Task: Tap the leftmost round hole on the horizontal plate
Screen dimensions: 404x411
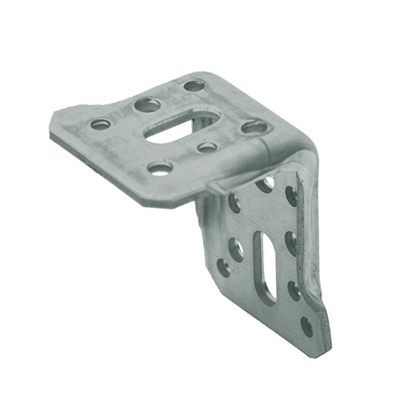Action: coord(100,124)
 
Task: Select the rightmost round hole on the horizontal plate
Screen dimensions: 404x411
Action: coord(255,127)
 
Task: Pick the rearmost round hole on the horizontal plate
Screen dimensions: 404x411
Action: coord(194,85)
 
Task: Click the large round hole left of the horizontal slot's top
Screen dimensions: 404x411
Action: coord(147,105)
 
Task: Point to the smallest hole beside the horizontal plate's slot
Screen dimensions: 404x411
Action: coord(207,148)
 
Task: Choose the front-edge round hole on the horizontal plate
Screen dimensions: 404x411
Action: coord(160,168)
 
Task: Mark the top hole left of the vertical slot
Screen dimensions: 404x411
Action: coord(234,202)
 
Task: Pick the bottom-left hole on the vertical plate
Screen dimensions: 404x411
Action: coord(224,266)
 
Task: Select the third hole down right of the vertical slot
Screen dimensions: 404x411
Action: coord(293,288)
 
